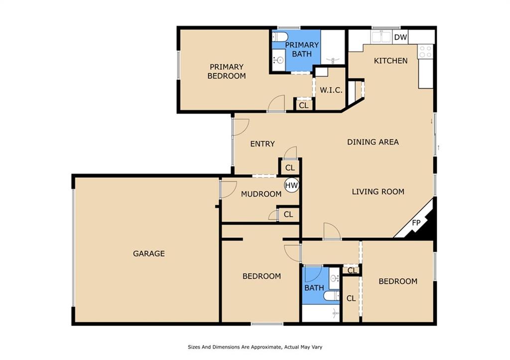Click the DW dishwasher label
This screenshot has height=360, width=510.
[x=400, y=37]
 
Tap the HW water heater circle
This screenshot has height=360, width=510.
[x=291, y=185]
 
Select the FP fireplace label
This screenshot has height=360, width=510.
[x=416, y=223]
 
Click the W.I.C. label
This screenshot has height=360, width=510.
[x=331, y=90]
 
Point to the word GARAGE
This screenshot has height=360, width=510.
[x=149, y=253]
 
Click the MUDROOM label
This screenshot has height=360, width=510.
[x=261, y=194]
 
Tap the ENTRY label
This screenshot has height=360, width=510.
[x=262, y=144]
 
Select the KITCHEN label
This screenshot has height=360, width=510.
[x=390, y=61]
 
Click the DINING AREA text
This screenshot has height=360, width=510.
[x=373, y=142]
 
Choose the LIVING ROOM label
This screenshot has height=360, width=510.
[x=379, y=192]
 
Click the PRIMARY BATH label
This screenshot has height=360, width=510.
[x=302, y=49]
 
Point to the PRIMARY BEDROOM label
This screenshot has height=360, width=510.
[x=227, y=71]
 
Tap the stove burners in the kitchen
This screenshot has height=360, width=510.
[x=425, y=52]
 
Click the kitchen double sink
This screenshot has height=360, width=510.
[x=382, y=37]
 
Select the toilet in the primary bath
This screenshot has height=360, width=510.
[x=279, y=36]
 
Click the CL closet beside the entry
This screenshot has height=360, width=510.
[x=290, y=168]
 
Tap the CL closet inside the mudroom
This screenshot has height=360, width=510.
[x=288, y=215]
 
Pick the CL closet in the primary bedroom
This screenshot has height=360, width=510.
[x=303, y=106]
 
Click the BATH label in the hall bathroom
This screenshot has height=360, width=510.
[x=314, y=288]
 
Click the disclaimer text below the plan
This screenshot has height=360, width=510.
[x=255, y=347]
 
